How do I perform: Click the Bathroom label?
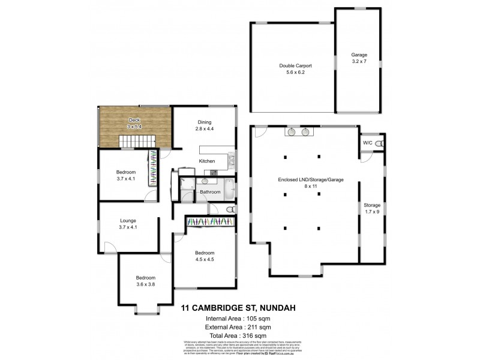coord(211,192)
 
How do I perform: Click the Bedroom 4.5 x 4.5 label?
coord(205,256)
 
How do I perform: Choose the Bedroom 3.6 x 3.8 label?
coord(145,281)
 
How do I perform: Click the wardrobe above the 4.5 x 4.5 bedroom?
coord(210,222)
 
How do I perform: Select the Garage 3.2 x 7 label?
coord(359,58)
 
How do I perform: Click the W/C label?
coord(367,143)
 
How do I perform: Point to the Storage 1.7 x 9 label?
coord(372,208)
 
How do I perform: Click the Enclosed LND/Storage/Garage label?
coord(302,182)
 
